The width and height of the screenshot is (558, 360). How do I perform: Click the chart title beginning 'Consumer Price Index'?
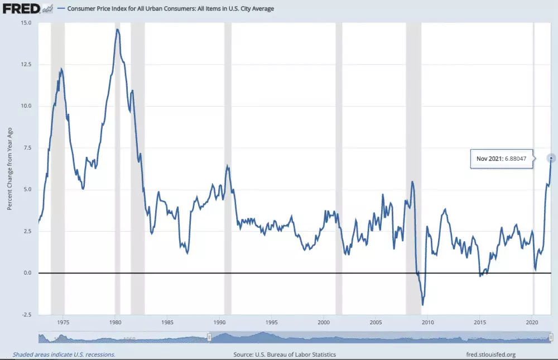pos(170,9)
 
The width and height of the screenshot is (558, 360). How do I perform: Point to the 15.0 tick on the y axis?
pos(26,23)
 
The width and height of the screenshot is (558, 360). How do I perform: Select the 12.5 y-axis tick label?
pos(26,64)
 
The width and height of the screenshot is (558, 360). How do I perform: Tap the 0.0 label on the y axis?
pos(27,273)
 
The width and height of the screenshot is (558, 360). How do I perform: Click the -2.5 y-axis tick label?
pos(26,315)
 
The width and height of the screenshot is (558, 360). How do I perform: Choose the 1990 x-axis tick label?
pos(219,323)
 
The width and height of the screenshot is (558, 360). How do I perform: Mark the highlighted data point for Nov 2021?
pos(551,158)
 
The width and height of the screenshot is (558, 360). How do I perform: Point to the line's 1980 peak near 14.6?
pos(117,29)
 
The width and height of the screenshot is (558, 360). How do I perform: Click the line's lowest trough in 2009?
pos(423,305)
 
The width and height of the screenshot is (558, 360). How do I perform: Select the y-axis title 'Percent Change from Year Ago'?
pos(10,168)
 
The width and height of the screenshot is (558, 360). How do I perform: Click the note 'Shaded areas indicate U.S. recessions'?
pos(64,354)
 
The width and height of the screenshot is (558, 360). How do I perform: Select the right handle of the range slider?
pos(551,337)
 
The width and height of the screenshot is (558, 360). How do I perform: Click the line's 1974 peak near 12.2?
pos(61,69)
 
